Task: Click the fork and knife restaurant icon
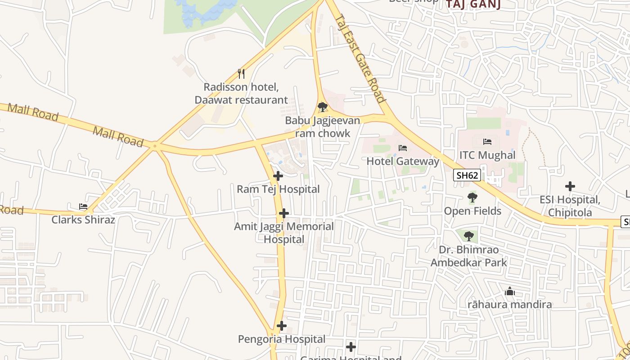pyautogui.click(x=241, y=73)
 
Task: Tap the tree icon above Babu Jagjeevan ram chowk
pyautogui.click(x=322, y=107)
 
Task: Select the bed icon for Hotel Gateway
pyautogui.click(x=403, y=148)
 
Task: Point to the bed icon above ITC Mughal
pyautogui.click(x=487, y=142)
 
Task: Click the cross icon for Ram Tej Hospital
pyautogui.click(x=278, y=176)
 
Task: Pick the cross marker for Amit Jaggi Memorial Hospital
pyautogui.click(x=284, y=213)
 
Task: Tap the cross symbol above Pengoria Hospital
pyautogui.click(x=282, y=325)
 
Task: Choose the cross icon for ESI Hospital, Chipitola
pyautogui.click(x=570, y=186)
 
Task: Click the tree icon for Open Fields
pyautogui.click(x=472, y=197)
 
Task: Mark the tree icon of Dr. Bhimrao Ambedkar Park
pyautogui.click(x=469, y=235)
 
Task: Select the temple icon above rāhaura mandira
pyautogui.click(x=510, y=292)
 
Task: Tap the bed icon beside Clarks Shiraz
pyautogui.click(x=83, y=207)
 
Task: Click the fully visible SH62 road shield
pyautogui.click(x=467, y=175)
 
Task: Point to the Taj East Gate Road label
pyautogui.click(x=360, y=58)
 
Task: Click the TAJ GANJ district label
pyautogui.click(x=473, y=4)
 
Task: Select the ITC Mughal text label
pyautogui.click(x=487, y=155)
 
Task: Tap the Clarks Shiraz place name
pyautogui.click(x=83, y=220)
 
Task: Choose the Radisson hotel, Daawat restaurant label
pyautogui.click(x=241, y=94)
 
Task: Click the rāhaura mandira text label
pyautogui.click(x=510, y=305)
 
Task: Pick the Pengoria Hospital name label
pyautogui.click(x=282, y=339)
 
